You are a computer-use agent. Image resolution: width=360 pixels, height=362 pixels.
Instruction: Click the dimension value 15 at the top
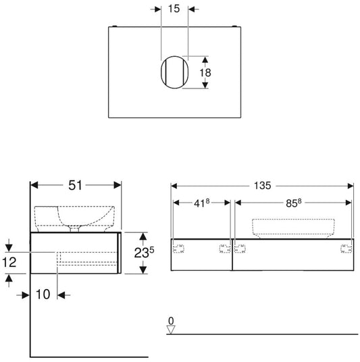[x=174, y=9]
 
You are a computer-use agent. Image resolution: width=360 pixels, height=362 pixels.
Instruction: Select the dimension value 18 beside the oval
[x=205, y=73]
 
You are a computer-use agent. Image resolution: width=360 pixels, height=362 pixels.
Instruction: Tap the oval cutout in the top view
[x=174, y=72]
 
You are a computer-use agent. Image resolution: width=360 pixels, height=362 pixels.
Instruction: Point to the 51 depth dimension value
[x=75, y=185]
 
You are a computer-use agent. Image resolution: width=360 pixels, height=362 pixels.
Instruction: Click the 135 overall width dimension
[x=262, y=186]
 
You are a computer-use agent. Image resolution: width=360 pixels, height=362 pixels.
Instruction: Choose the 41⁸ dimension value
[x=201, y=203]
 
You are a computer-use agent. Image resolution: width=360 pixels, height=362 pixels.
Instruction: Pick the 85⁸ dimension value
[x=294, y=203]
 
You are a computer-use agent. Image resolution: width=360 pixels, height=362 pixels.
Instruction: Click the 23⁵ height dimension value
[x=144, y=253]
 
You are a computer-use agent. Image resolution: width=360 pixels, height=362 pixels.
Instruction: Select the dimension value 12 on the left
[x=9, y=262]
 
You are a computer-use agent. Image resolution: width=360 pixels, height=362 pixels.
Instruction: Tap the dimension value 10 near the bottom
[x=43, y=294]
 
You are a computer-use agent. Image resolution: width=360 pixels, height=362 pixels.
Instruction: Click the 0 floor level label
[x=171, y=321]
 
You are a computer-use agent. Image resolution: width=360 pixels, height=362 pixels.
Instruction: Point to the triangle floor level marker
[x=171, y=330]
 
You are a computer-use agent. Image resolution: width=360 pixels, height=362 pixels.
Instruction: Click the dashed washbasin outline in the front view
[x=293, y=228]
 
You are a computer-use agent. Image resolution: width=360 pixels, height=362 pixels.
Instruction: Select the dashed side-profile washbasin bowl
[x=74, y=219]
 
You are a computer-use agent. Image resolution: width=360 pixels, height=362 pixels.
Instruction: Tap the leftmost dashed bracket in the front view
[x=178, y=249]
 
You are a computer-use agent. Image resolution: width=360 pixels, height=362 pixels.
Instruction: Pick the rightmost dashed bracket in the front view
[x=346, y=249]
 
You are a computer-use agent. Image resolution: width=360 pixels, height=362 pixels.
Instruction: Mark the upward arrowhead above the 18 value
[x=205, y=59]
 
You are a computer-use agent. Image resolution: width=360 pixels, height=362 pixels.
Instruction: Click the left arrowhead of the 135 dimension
[x=174, y=186]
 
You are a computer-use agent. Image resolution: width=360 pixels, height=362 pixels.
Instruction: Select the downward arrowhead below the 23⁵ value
[x=143, y=270]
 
